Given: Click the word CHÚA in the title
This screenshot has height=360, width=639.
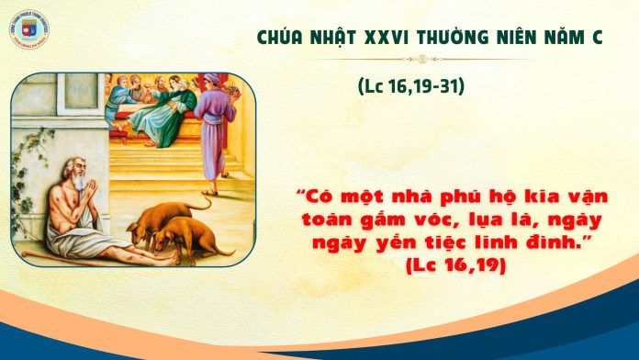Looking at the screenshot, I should click(272, 39).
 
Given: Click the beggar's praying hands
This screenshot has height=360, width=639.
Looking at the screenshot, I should click(88, 189).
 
